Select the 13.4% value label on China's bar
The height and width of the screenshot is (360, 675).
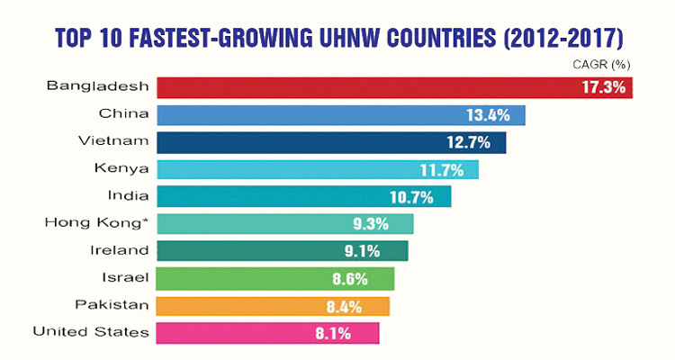point(489,115)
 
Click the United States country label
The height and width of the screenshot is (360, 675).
point(91,332)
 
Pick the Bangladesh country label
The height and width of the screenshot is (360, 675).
point(97,86)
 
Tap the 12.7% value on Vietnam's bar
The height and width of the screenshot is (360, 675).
point(470,142)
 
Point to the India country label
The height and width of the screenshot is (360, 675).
point(127,195)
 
